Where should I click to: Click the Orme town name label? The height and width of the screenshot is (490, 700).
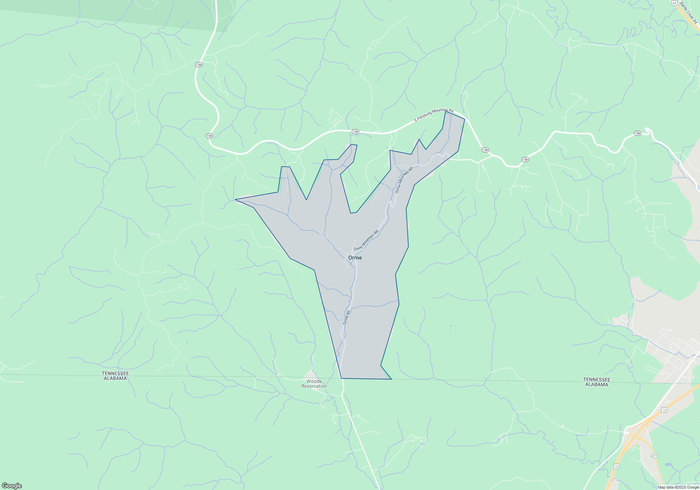click(x=355, y=258)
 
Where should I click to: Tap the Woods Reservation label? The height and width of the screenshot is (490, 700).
click(x=314, y=384)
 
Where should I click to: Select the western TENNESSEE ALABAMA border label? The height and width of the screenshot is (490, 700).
click(x=115, y=376)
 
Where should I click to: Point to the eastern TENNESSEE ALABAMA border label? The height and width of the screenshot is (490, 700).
click(x=596, y=382)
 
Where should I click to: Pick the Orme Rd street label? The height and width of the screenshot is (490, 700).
click(x=346, y=317)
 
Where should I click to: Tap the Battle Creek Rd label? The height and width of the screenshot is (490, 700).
click(x=688, y=13)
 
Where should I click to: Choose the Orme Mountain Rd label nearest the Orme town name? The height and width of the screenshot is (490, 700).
click(x=366, y=240)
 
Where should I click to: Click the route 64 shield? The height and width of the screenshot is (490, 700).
click(x=674, y=3)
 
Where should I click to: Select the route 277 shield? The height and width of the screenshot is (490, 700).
click(x=654, y=456)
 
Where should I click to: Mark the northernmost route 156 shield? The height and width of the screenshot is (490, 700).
click(x=199, y=65)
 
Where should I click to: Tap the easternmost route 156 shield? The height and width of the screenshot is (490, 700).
click(x=637, y=133)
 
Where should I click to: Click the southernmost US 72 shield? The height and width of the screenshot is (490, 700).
click(x=616, y=466)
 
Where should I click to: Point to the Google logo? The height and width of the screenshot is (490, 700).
click(x=12, y=485)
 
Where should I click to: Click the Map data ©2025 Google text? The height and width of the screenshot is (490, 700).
click(x=678, y=487)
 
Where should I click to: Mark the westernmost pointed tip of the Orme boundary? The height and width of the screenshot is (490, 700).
click(x=235, y=199)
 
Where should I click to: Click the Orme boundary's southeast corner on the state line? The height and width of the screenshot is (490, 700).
click(x=391, y=379)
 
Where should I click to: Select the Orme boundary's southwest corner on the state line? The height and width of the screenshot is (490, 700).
click(x=341, y=378)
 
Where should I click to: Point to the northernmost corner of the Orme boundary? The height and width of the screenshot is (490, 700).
click(x=446, y=111)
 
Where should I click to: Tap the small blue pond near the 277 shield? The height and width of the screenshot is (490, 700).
click(x=668, y=464)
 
